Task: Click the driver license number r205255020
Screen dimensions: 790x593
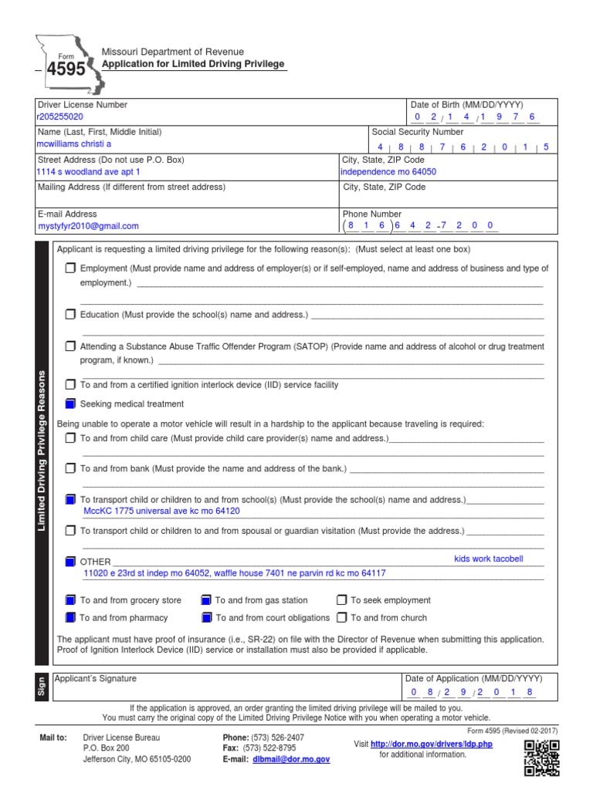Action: [60, 117]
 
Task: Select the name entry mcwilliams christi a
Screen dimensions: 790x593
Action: [74, 144]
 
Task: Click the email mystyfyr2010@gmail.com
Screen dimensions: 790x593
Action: [88, 226]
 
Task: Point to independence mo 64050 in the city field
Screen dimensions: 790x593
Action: [388, 173]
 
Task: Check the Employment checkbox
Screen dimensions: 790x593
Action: [70, 268]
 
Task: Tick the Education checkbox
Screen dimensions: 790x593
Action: [70, 315]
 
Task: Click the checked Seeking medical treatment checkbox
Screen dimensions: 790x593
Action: [70, 403]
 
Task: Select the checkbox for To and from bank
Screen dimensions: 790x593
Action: [70, 468]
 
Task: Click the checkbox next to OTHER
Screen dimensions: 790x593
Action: [70, 562]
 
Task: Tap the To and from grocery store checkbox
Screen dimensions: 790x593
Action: [70, 599]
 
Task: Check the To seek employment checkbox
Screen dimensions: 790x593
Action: [341, 599]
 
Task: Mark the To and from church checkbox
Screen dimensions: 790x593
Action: [341, 617]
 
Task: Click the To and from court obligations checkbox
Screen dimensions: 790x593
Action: [206, 617]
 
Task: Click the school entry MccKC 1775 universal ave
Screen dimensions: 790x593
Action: [161, 511]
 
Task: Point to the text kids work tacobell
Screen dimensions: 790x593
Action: [489, 559]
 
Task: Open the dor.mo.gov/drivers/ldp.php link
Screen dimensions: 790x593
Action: [432, 744]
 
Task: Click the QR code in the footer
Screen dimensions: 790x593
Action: [541, 756]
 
